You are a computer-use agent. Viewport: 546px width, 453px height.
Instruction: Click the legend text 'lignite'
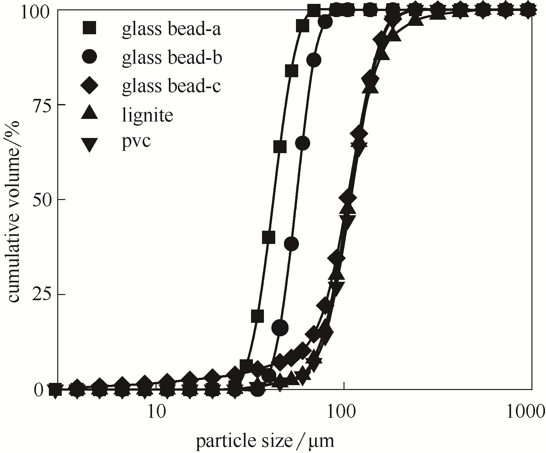[147, 115]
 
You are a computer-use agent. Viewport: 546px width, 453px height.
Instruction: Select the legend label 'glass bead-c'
[171, 86]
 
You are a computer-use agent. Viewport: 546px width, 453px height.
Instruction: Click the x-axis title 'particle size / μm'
[265, 441]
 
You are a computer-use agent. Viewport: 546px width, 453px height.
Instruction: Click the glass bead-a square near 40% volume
[268, 237]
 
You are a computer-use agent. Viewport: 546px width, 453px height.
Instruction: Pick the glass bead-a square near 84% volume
[291, 71]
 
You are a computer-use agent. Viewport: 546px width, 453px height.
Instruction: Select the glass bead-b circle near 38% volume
[291, 244]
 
